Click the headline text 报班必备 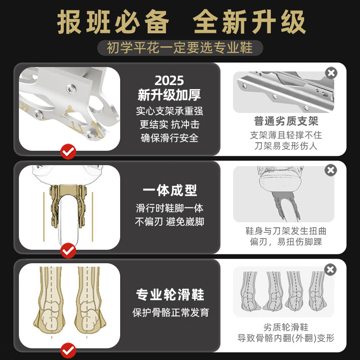coord(113,22)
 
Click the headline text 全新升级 coord(249,22)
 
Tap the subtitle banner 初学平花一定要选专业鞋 coord(180,47)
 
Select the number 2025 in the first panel coord(170,81)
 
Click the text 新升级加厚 coord(170,95)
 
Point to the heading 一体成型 coord(170,190)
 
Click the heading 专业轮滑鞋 coord(170,295)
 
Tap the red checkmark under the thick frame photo coord(68,152)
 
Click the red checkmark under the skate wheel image coord(68,250)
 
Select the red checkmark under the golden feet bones coord(68,350)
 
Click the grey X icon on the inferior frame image coord(331,72)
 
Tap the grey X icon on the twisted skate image coord(331,170)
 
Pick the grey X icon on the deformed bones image coord(330,270)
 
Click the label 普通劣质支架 coord(286,121)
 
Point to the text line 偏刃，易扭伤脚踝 coord(286,242)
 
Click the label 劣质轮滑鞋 coord(286,327)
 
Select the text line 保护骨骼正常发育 coord(170,312)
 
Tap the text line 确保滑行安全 coord(170,138)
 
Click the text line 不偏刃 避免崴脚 coord(170,222)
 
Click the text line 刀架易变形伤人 coord(286,146)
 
